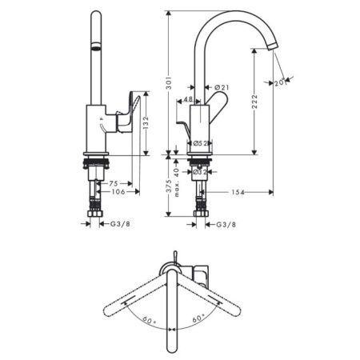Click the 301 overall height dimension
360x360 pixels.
170,83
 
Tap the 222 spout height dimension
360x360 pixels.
255,101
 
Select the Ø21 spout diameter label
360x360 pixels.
222,87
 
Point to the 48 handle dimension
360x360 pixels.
188,99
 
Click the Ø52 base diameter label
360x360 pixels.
200,143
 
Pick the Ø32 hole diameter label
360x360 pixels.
200,172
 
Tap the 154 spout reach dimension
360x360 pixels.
238,192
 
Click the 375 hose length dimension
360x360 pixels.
170,186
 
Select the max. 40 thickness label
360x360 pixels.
177,182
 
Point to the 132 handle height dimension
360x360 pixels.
146,122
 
